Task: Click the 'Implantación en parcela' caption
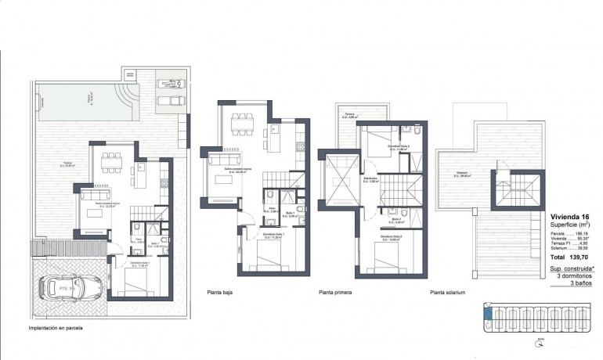[x=56, y=329]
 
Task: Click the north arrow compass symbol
[x=538, y=341]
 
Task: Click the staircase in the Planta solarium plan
[x=512, y=189]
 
